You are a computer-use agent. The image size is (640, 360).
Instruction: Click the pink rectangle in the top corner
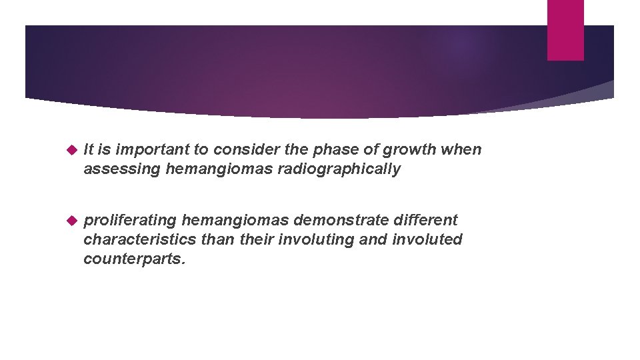click(x=565, y=29)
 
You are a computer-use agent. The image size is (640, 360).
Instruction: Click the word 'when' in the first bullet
click(x=461, y=149)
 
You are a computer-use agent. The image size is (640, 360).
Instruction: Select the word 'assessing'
click(x=122, y=169)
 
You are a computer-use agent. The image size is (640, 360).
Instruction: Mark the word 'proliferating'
click(x=129, y=220)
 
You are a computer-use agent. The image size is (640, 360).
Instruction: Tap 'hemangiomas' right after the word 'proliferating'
click(x=235, y=220)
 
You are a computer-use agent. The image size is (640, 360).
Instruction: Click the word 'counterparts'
click(x=133, y=259)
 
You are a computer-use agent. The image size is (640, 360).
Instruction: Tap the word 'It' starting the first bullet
click(x=89, y=149)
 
